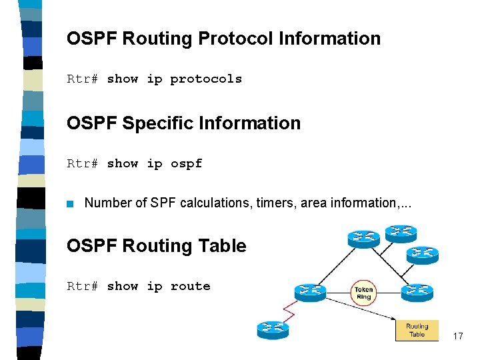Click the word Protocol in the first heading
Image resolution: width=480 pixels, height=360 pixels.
236,39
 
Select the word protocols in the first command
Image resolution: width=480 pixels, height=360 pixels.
206,79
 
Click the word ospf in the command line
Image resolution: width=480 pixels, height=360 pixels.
186,164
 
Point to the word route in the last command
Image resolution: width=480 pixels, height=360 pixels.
190,287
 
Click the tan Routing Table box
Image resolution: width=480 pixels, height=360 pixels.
417,330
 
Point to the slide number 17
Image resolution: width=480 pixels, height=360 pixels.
457,337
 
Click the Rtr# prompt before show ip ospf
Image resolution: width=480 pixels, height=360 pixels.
83,164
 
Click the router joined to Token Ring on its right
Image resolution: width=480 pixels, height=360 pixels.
417,292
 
